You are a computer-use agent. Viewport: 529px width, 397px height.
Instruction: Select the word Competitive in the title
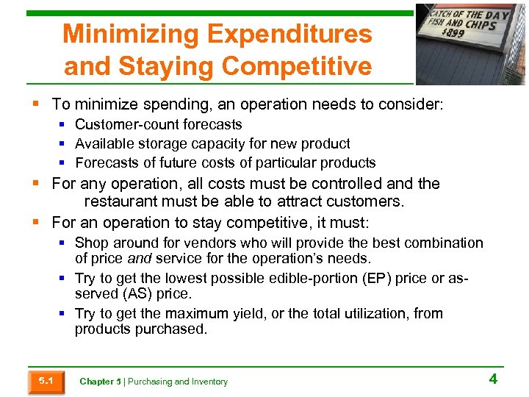pos(296,66)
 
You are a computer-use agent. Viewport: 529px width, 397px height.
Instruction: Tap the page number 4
pos(493,379)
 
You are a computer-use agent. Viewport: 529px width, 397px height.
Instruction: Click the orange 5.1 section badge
pos(45,381)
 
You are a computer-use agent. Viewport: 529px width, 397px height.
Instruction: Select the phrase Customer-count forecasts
pos(158,125)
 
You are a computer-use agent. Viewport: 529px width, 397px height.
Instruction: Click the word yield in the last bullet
pos(252,313)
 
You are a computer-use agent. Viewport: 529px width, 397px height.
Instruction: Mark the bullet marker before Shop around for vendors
pos(64,243)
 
